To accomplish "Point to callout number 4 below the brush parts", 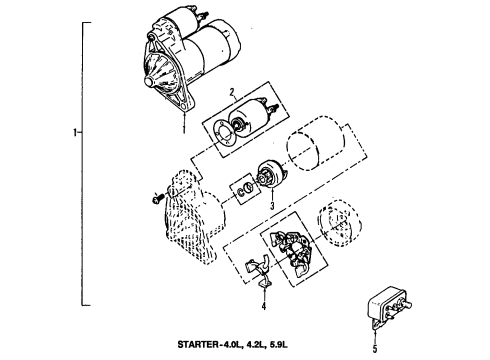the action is click(263, 307).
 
